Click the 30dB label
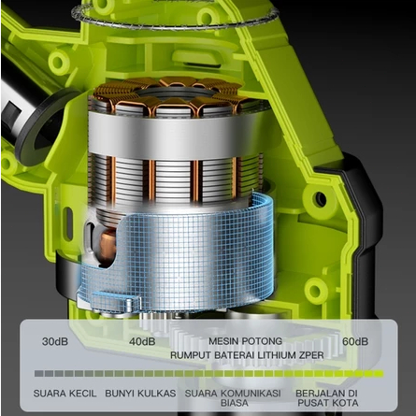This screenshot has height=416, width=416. (55, 341)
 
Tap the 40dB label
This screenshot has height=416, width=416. (142, 341)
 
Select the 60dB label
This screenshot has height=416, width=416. (355, 341)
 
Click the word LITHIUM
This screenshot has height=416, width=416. (277, 355)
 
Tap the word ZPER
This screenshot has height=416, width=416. (311, 355)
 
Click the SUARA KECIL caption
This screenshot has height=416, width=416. (65, 394)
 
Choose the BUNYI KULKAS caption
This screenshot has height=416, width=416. (140, 394)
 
